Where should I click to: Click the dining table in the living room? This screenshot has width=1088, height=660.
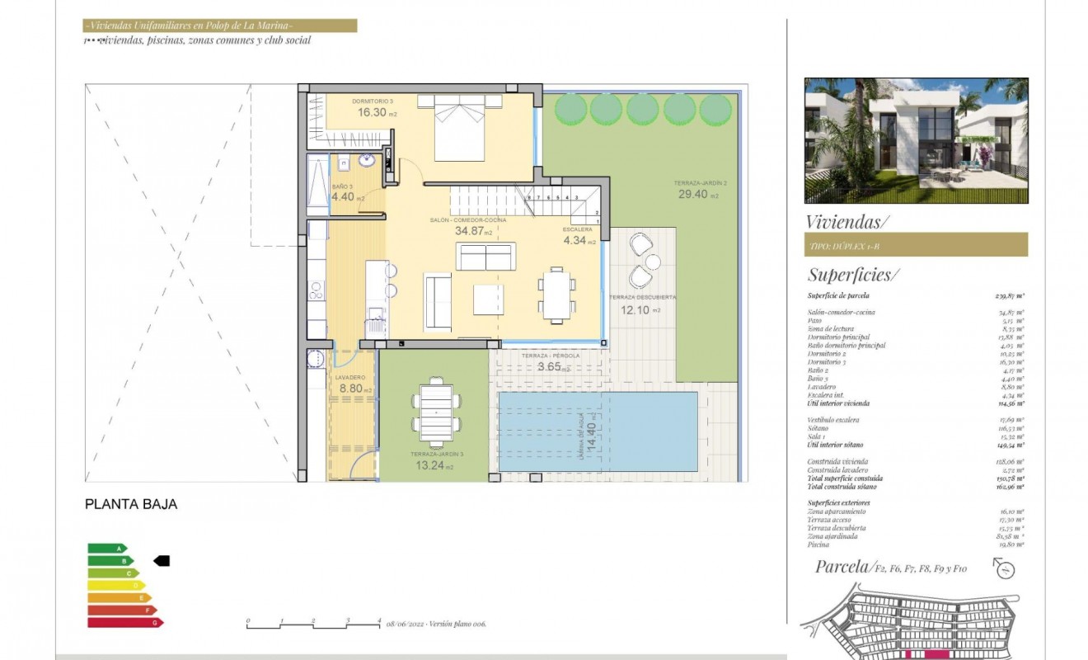coord(557,293)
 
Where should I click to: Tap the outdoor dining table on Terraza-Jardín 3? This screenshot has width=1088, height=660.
coord(435,412)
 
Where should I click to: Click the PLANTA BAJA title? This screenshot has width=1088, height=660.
coord(131,504)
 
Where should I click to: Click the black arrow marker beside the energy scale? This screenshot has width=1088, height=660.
coord(162,560)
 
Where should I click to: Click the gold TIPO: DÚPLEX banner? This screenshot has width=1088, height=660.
coord(916,245)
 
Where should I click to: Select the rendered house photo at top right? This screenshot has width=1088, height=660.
coord(916,140)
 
